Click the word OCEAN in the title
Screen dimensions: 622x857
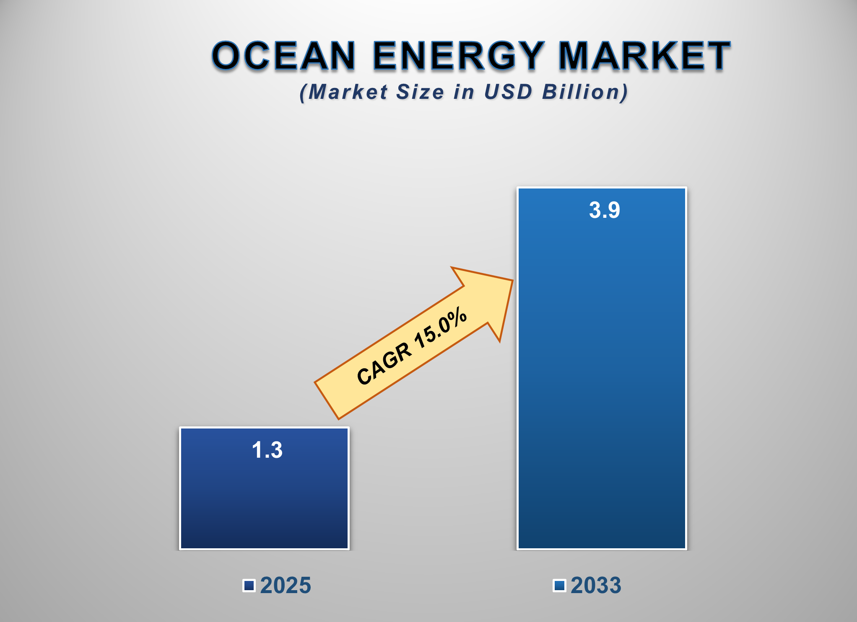click(x=284, y=56)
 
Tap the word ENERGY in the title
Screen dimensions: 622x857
click(x=458, y=56)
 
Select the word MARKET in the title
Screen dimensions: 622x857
click(x=645, y=56)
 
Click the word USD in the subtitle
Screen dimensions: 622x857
click(x=508, y=92)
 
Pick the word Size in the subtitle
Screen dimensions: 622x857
click(x=420, y=92)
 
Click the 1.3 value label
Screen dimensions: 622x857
click(x=267, y=450)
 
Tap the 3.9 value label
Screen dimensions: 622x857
click(x=604, y=210)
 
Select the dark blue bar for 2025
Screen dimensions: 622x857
click(x=264, y=503)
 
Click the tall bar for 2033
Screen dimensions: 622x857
click(x=602, y=377)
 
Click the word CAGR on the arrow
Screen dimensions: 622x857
click(x=384, y=364)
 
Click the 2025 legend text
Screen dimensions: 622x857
click(x=286, y=585)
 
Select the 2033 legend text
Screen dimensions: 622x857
click(x=596, y=585)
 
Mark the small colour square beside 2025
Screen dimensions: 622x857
click(x=249, y=585)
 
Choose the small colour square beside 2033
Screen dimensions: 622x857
click(x=559, y=585)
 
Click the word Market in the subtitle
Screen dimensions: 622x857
click(x=348, y=92)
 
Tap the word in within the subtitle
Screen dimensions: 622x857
click(x=464, y=92)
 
